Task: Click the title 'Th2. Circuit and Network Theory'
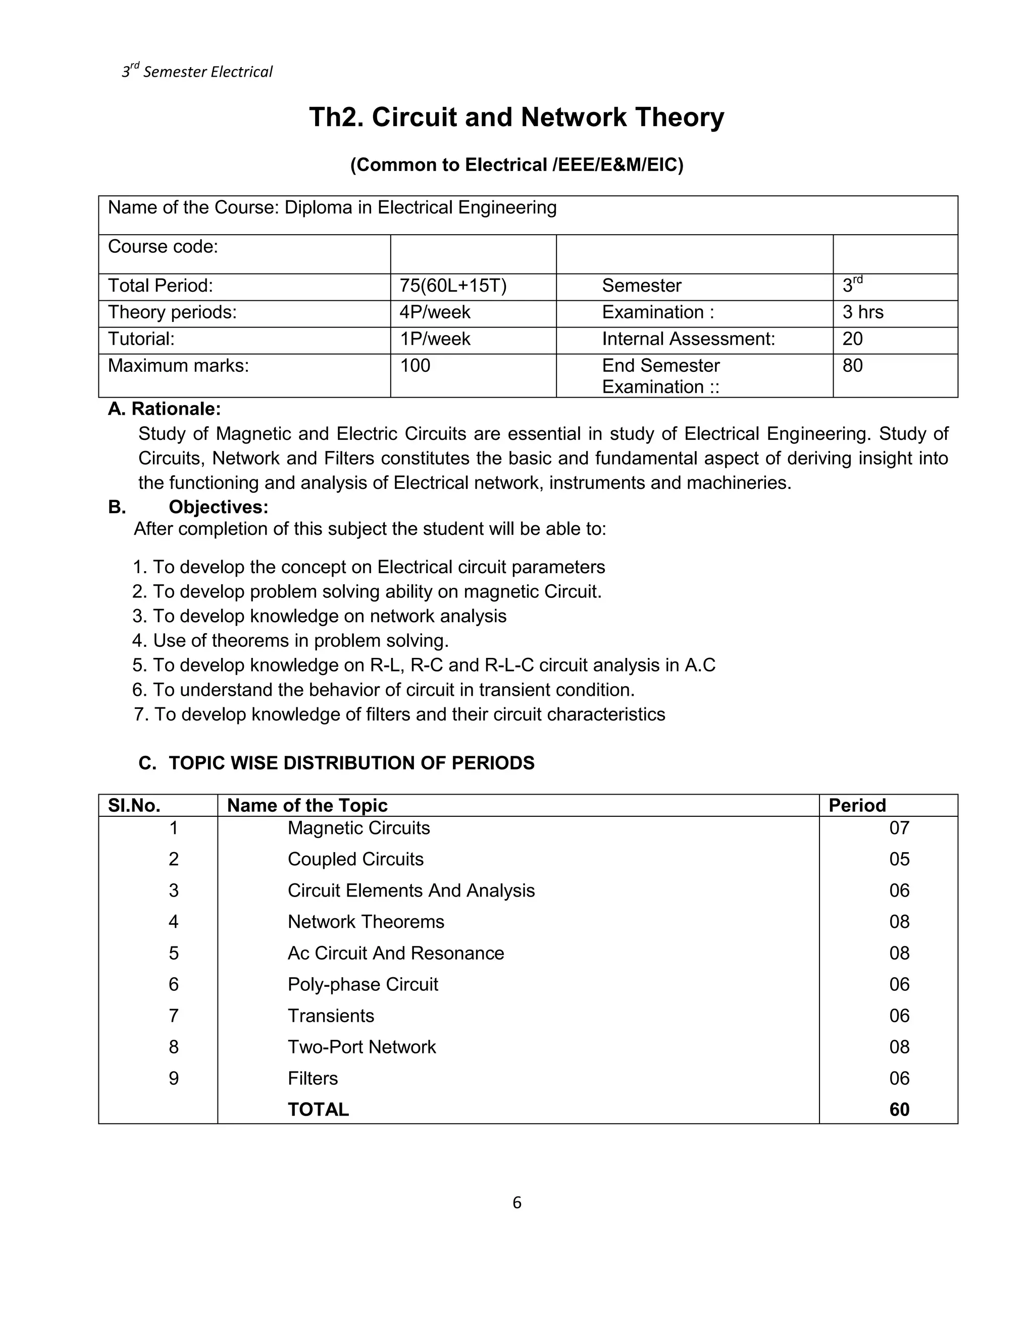point(516,118)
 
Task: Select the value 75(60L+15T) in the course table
point(453,286)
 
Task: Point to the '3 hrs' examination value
point(862,312)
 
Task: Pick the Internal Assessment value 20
point(852,339)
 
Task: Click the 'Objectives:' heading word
point(218,507)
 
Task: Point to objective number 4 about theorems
point(290,640)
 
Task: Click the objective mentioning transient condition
point(384,690)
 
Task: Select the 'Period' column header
point(856,805)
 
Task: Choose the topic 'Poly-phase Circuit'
point(363,984)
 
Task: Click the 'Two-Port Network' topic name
point(361,1047)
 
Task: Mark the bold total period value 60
point(899,1109)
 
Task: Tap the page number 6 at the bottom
point(516,1202)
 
